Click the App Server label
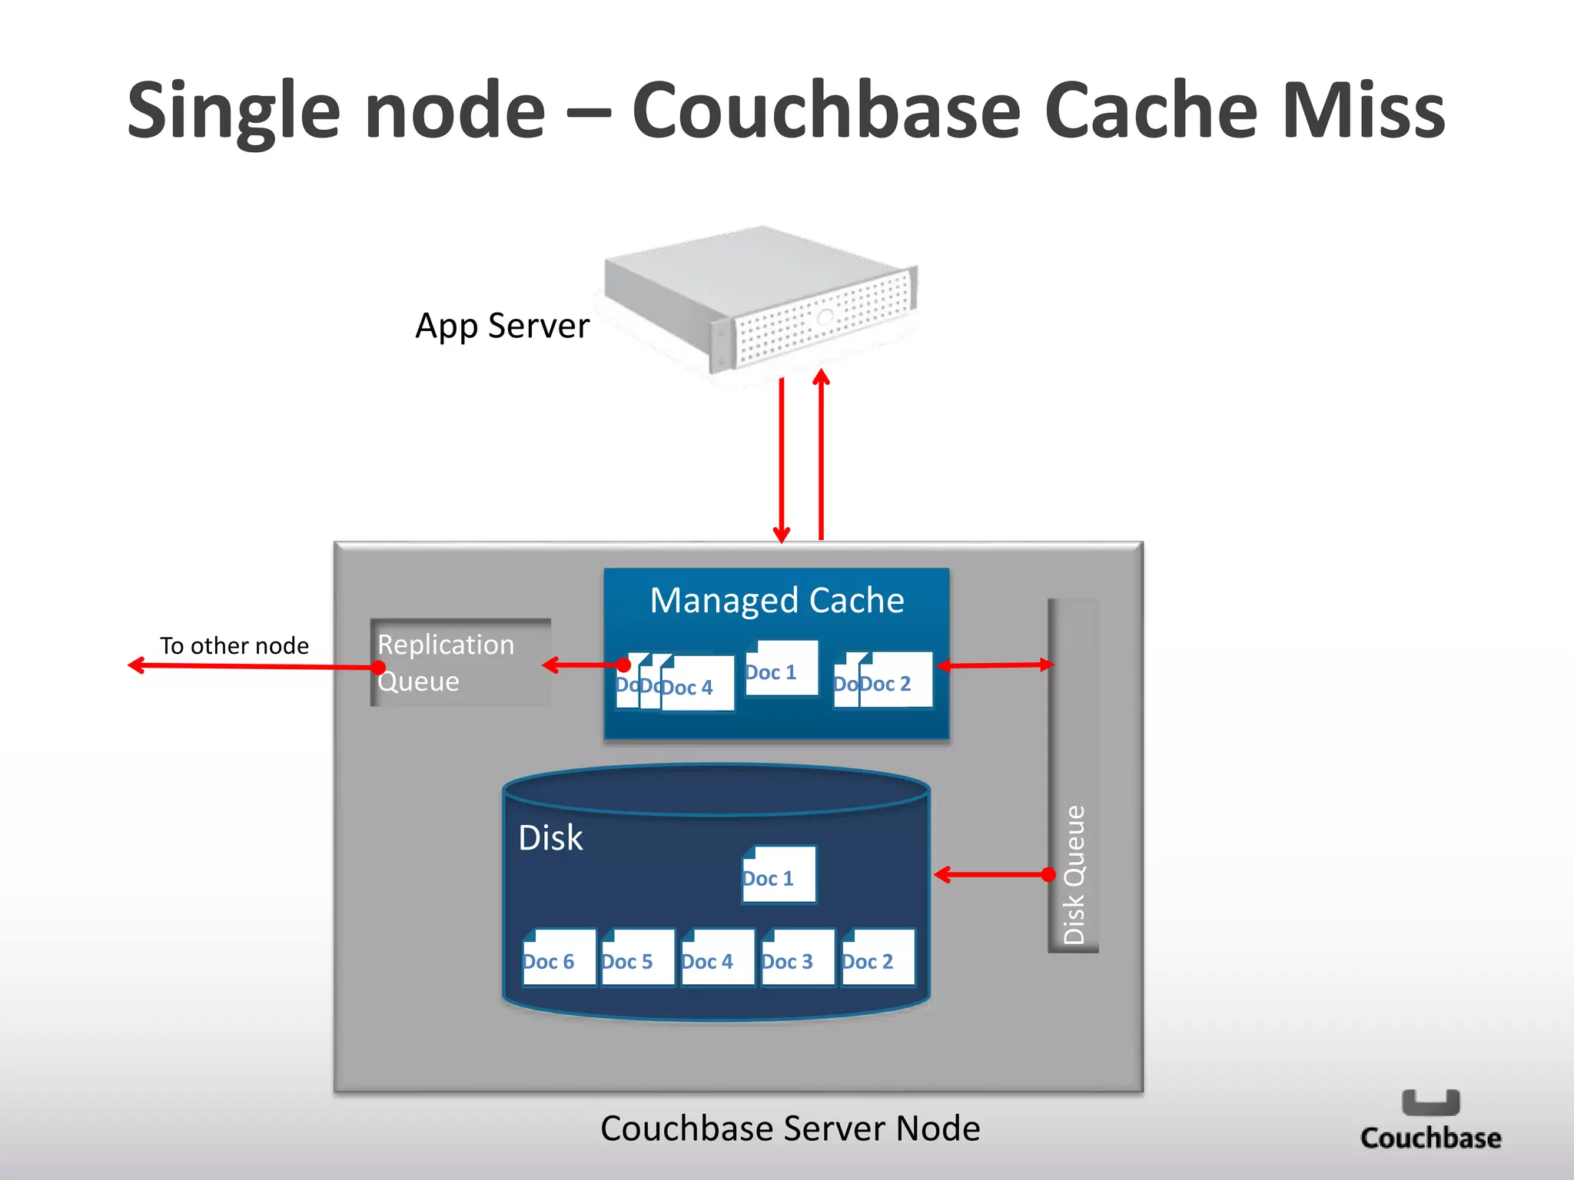click(x=502, y=326)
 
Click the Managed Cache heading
click(x=777, y=601)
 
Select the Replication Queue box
click(x=460, y=662)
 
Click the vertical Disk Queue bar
click(x=1073, y=776)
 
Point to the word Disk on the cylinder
click(x=550, y=837)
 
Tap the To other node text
click(x=234, y=645)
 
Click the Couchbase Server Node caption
click(x=790, y=1129)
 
